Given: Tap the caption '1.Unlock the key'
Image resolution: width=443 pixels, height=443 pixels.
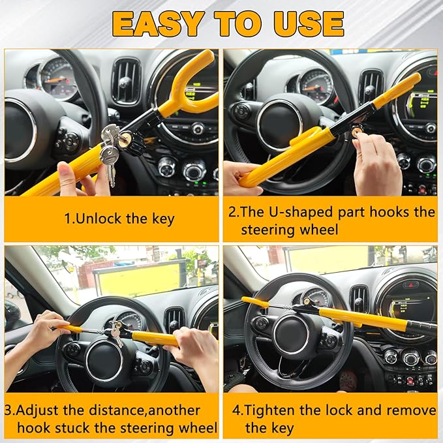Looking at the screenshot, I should click(119, 219).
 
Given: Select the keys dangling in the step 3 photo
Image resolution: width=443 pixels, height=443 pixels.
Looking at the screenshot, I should click(116, 333).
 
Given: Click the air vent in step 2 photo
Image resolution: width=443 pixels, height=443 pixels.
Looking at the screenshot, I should click(370, 86).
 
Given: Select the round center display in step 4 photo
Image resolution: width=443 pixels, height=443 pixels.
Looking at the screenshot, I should click(410, 307).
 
